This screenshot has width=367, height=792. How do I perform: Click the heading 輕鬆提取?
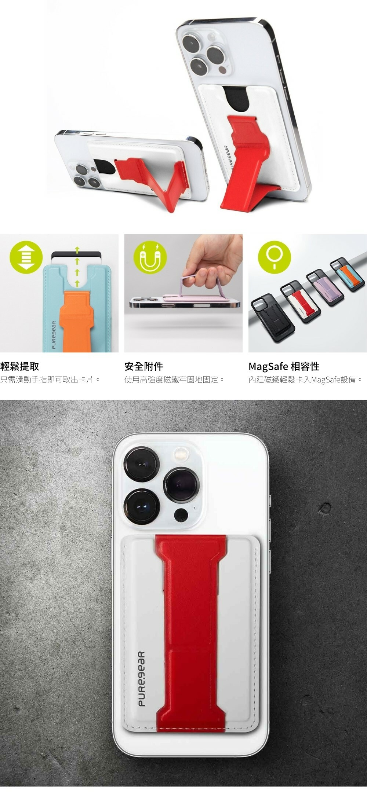coord(19,366)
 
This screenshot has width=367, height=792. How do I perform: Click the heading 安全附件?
coord(143,366)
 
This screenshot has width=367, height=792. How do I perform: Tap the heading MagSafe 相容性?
coord(284,366)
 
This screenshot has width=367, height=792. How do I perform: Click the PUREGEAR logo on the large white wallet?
coord(142,679)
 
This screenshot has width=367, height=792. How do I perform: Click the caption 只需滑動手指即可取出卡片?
coord(51,379)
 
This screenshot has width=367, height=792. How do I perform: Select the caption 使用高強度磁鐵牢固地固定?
coord(175,379)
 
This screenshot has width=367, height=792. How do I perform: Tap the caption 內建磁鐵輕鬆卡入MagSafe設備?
coord(306,379)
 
